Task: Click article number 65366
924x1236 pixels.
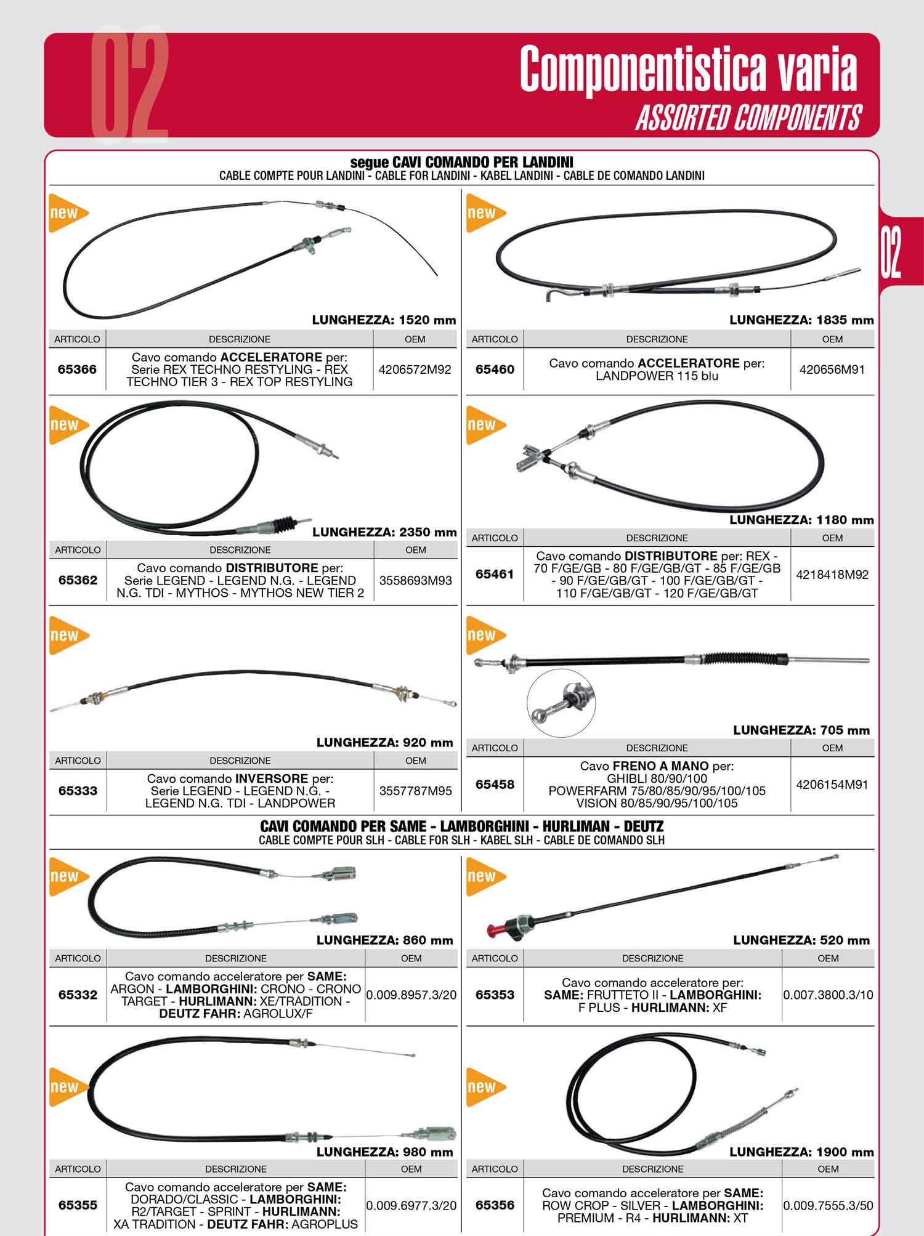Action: [x=77, y=370]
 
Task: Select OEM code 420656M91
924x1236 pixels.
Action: [x=832, y=370]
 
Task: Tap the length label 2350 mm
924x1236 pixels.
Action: [x=384, y=532]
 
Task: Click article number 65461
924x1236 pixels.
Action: [x=495, y=575]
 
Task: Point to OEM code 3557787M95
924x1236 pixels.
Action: [x=416, y=791]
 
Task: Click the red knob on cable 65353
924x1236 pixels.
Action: [x=493, y=929]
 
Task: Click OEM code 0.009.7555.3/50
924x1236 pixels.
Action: [x=828, y=1205]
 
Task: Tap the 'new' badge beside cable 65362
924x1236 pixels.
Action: [x=68, y=425]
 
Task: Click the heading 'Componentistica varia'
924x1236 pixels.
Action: [x=688, y=69]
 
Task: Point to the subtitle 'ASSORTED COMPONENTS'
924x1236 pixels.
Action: [x=748, y=117]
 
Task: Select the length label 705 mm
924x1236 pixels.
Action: [x=801, y=730]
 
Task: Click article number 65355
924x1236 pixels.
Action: [x=78, y=1205]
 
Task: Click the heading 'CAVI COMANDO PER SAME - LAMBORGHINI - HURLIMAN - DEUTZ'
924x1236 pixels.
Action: [x=462, y=826]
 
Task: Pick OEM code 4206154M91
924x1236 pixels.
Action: [x=832, y=785]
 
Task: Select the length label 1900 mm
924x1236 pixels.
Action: [x=801, y=1152]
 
